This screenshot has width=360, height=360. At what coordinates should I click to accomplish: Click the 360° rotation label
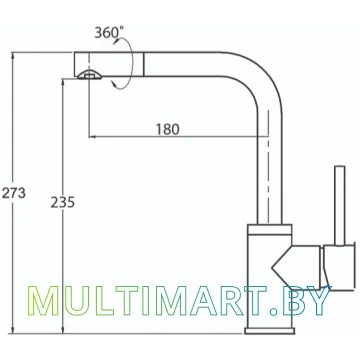[x=109, y=33]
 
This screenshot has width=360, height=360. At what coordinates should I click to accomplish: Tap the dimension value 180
[x=168, y=129]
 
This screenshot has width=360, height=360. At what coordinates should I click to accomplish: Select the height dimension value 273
[x=14, y=193]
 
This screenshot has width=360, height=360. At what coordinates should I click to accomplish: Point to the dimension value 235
[x=63, y=202]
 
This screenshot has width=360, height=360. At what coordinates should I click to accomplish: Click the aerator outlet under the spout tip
[x=89, y=75]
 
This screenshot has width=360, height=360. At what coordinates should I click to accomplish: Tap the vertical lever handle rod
[x=340, y=205]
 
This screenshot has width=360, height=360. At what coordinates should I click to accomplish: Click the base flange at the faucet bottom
[x=270, y=330]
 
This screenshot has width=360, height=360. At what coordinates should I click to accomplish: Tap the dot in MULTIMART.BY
[x=274, y=312]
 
